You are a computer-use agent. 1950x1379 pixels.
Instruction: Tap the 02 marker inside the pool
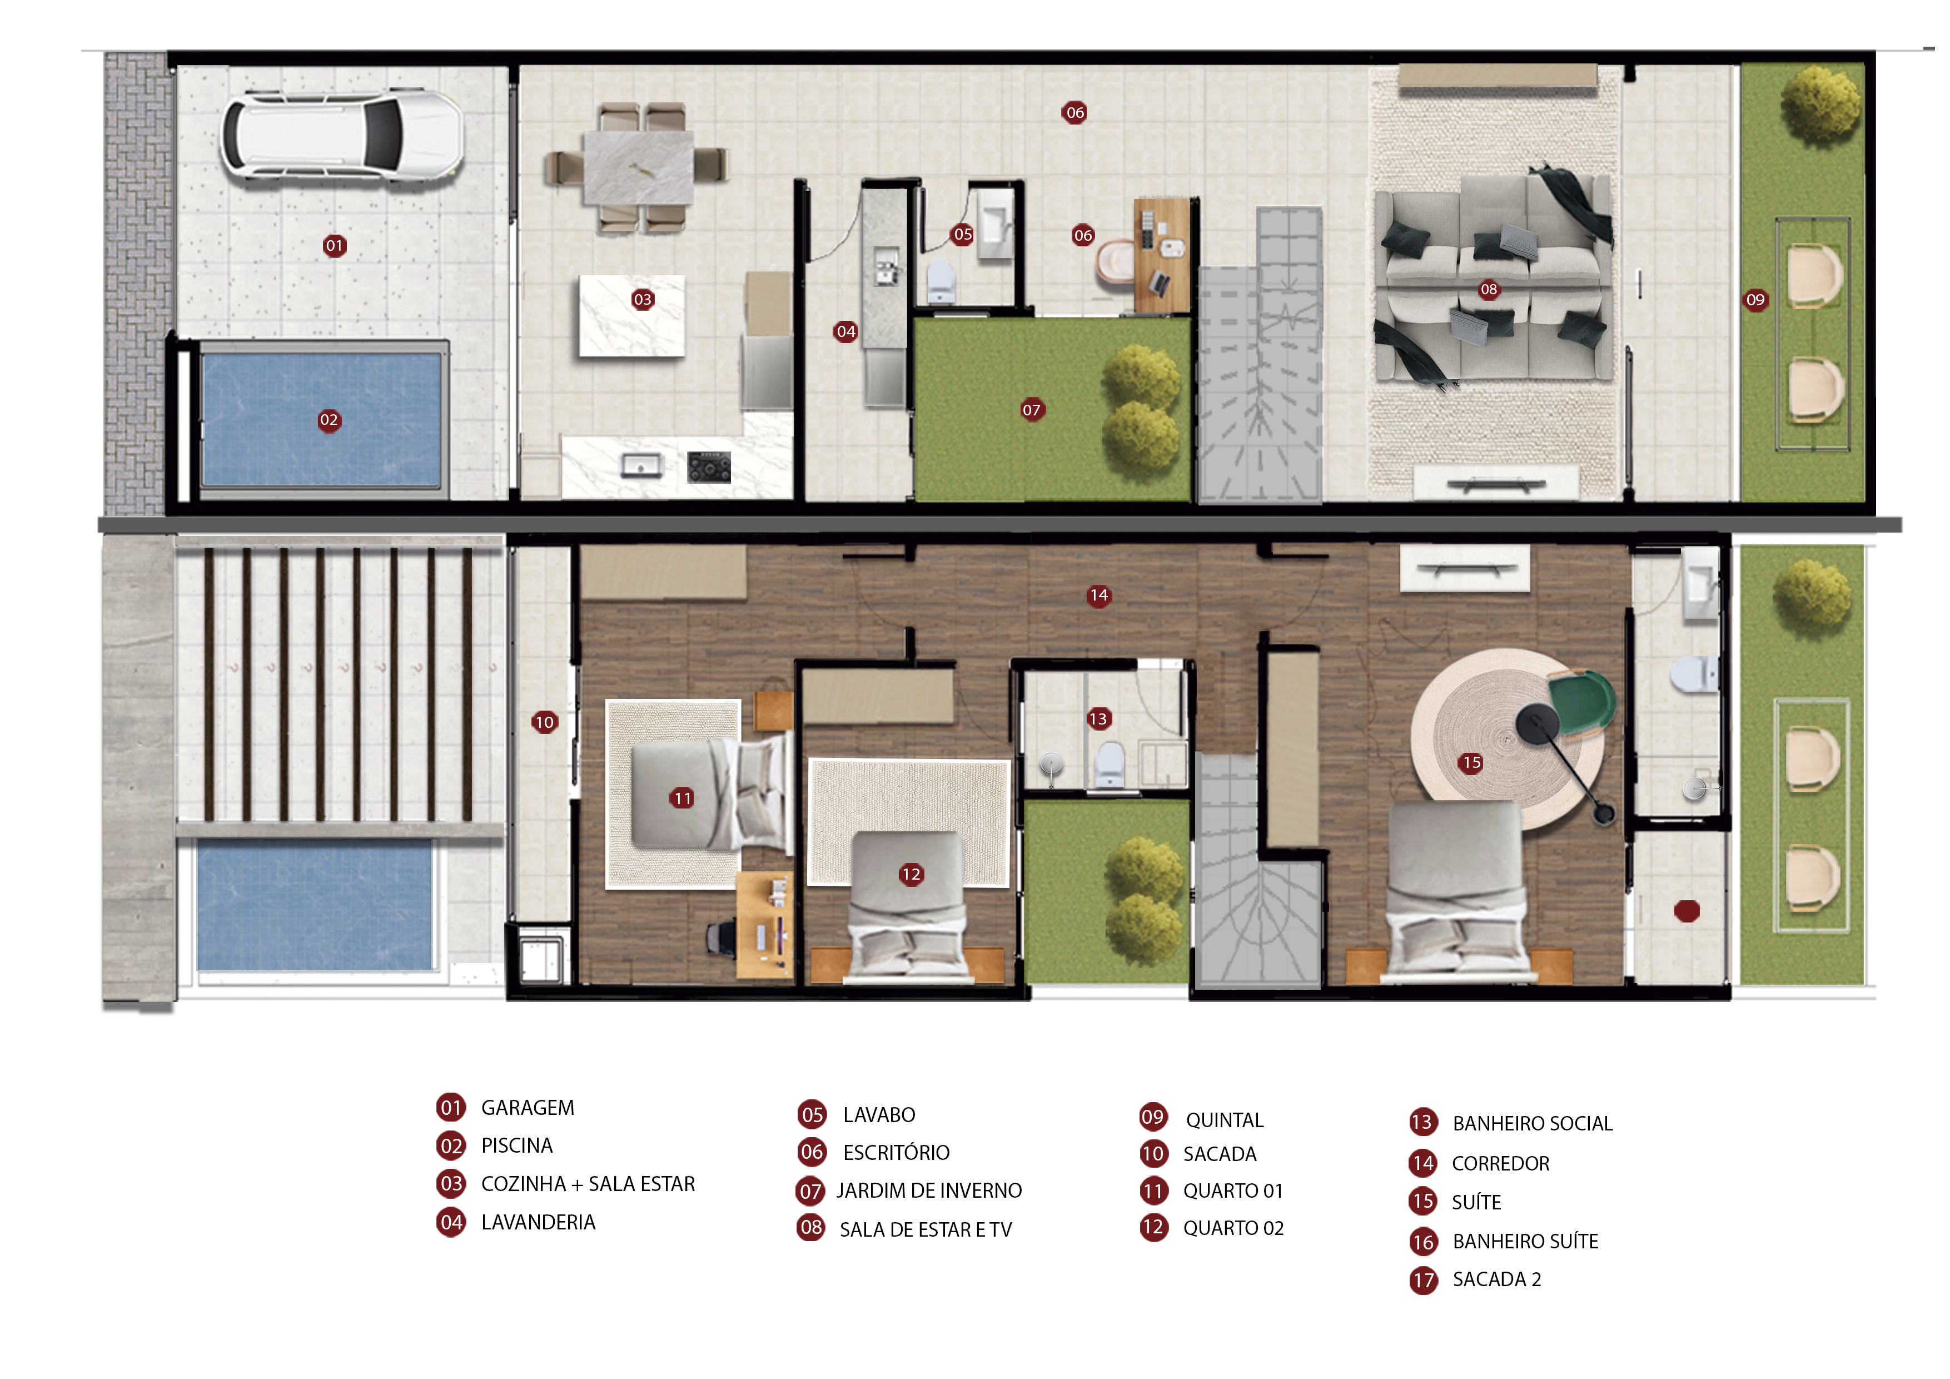(329, 420)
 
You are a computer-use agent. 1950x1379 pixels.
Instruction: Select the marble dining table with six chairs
(637, 168)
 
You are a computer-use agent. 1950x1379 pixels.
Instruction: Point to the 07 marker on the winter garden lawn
(1031, 410)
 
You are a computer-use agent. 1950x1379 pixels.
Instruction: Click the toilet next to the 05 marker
(940, 280)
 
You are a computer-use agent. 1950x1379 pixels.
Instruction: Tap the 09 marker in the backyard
(1755, 300)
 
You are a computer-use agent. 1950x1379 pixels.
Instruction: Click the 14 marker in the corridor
(1099, 596)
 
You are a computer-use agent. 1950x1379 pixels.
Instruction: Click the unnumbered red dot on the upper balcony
(1687, 911)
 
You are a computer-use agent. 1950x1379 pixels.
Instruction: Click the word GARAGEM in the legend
(528, 1108)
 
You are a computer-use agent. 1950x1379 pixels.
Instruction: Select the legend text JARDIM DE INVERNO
(929, 1190)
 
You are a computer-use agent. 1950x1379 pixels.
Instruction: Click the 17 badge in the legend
(1424, 1279)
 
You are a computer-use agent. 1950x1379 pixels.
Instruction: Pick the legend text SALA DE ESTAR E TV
(926, 1229)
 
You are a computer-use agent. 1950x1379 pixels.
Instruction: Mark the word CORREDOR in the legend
(1501, 1163)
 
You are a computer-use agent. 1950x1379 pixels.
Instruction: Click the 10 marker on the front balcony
(544, 722)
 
